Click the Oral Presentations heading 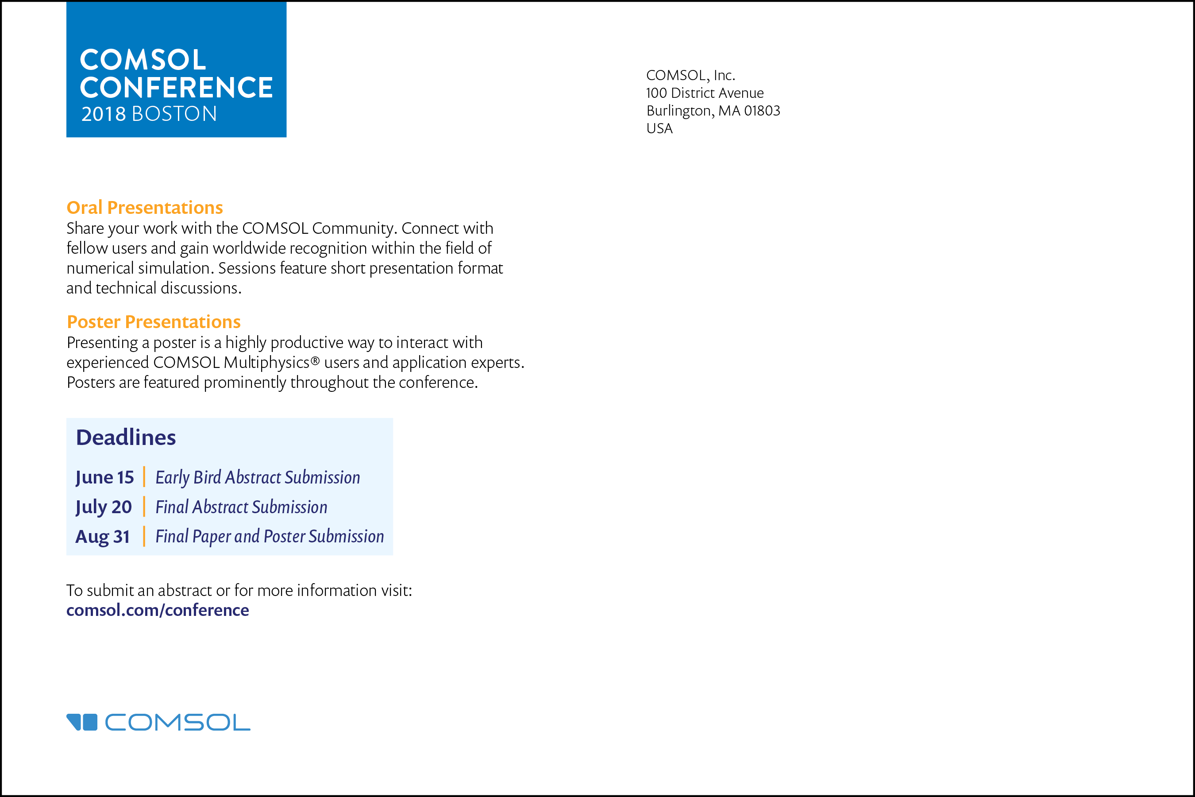coord(145,207)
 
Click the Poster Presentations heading coord(154,322)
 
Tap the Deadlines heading coord(126,437)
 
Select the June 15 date coord(104,478)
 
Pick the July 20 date coord(104,507)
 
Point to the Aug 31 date coord(103,537)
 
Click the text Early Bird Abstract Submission coord(258,478)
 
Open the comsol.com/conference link coord(158,610)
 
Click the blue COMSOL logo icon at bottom coord(82,722)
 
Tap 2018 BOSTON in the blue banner coord(149,114)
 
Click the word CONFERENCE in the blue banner coord(176,87)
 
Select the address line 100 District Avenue coord(705,93)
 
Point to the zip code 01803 coord(762,111)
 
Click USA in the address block coord(659,128)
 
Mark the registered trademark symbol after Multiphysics coord(315,360)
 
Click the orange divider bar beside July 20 coord(144,507)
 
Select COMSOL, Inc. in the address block coord(690,75)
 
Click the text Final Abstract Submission coord(241,507)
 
